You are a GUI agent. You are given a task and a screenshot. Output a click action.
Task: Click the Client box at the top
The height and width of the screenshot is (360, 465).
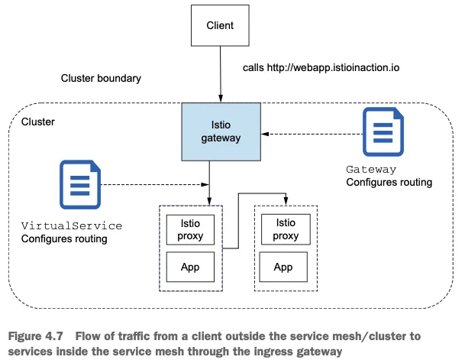(220, 26)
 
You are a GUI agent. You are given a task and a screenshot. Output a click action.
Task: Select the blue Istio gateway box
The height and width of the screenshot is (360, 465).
(221, 131)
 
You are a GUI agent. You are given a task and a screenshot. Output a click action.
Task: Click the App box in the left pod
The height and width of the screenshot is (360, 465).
(190, 268)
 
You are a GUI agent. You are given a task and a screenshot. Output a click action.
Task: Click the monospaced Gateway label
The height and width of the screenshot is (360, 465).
(371, 170)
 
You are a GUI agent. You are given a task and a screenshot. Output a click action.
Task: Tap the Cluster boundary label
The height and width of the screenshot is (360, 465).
(101, 79)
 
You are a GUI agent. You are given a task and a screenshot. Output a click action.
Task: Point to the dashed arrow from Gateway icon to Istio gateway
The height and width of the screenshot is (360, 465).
(312, 135)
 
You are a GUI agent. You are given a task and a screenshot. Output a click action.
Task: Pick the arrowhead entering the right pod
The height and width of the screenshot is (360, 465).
(286, 202)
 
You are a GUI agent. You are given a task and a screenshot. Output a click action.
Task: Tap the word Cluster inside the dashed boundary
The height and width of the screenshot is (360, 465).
(38, 122)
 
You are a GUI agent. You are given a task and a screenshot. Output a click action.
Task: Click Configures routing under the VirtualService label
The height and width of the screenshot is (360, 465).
(64, 239)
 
